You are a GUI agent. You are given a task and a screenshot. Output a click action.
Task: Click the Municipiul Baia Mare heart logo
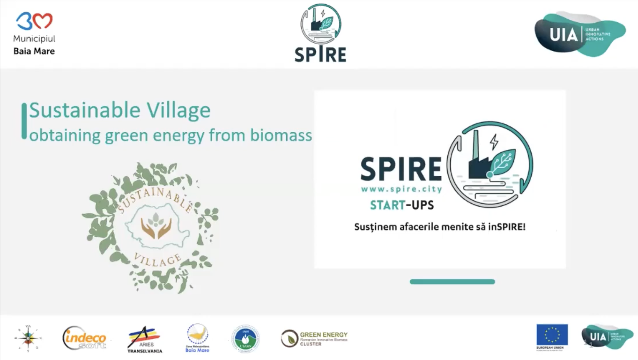(x=34, y=21)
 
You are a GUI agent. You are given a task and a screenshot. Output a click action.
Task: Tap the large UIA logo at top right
(x=580, y=34)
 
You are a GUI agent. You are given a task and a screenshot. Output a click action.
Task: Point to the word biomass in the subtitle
(x=281, y=135)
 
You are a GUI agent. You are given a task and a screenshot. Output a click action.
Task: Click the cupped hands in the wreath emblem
(x=156, y=228)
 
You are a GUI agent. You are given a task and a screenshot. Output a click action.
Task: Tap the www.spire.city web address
(x=401, y=189)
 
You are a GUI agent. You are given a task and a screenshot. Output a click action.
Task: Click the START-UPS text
(x=402, y=205)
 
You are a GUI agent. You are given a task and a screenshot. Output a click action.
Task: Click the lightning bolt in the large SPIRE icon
(x=494, y=142)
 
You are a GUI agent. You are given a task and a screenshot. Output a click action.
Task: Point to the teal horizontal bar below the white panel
(x=452, y=282)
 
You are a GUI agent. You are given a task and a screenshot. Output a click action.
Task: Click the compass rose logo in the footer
(x=28, y=338)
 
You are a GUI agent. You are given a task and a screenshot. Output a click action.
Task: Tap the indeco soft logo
(x=84, y=338)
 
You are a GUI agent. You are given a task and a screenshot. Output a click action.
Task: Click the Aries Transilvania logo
(x=145, y=339)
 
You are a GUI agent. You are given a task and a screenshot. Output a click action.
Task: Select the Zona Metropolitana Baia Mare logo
(x=197, y=338)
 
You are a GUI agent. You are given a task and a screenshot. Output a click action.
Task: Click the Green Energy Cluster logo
(x=314, y=338)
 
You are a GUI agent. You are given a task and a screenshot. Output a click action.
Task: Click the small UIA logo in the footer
(x=606, y=337)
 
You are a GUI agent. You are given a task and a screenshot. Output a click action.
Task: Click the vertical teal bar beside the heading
(x=24, y=121)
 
